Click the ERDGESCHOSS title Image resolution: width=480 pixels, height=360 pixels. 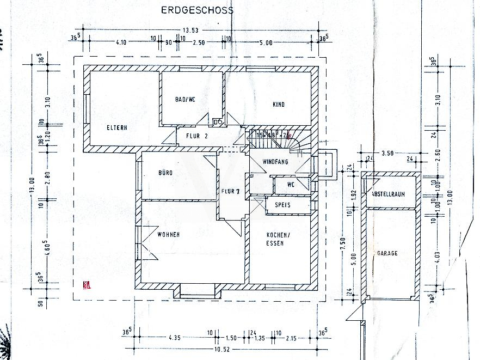tap(196, 10)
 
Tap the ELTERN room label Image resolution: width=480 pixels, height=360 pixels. tap(117, 128)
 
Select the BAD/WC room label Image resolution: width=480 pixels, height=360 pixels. tap(185, 100)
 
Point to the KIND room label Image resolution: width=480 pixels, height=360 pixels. tap(279, 104)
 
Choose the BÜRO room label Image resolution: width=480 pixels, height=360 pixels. tap(165, 173)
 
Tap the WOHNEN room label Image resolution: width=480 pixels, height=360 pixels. tap(169, 235)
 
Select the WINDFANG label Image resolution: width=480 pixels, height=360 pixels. tap(275, 162)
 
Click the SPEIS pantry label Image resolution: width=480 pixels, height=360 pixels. tap(282, 205)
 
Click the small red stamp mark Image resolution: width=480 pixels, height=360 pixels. tap(85, 284)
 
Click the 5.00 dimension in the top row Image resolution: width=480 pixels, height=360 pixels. tap(266, 42)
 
